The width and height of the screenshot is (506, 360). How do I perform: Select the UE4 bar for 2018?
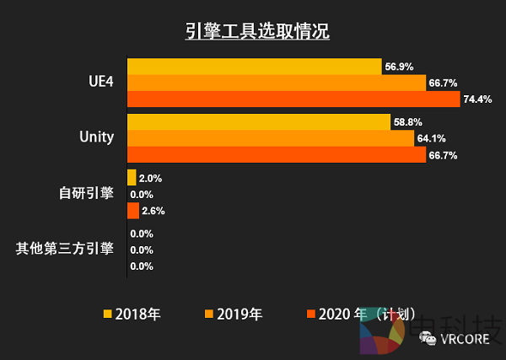tap(254, 67)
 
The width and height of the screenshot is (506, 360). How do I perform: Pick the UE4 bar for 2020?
tap(293, 99)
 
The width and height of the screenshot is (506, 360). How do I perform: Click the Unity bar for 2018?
tap(258, 122)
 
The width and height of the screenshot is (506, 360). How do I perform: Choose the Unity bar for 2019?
tap(270, 138)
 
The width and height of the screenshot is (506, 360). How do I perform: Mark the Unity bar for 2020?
tap(277, 155)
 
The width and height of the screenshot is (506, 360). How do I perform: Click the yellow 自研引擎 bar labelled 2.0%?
tap(132, 178)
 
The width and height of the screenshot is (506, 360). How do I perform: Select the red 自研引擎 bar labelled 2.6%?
tap(132, 211)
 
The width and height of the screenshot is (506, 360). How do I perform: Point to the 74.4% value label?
tap(478, 99)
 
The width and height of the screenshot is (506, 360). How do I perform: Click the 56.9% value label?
tap(399, 67)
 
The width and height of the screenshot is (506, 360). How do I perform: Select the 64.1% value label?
tap(431, 138)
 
